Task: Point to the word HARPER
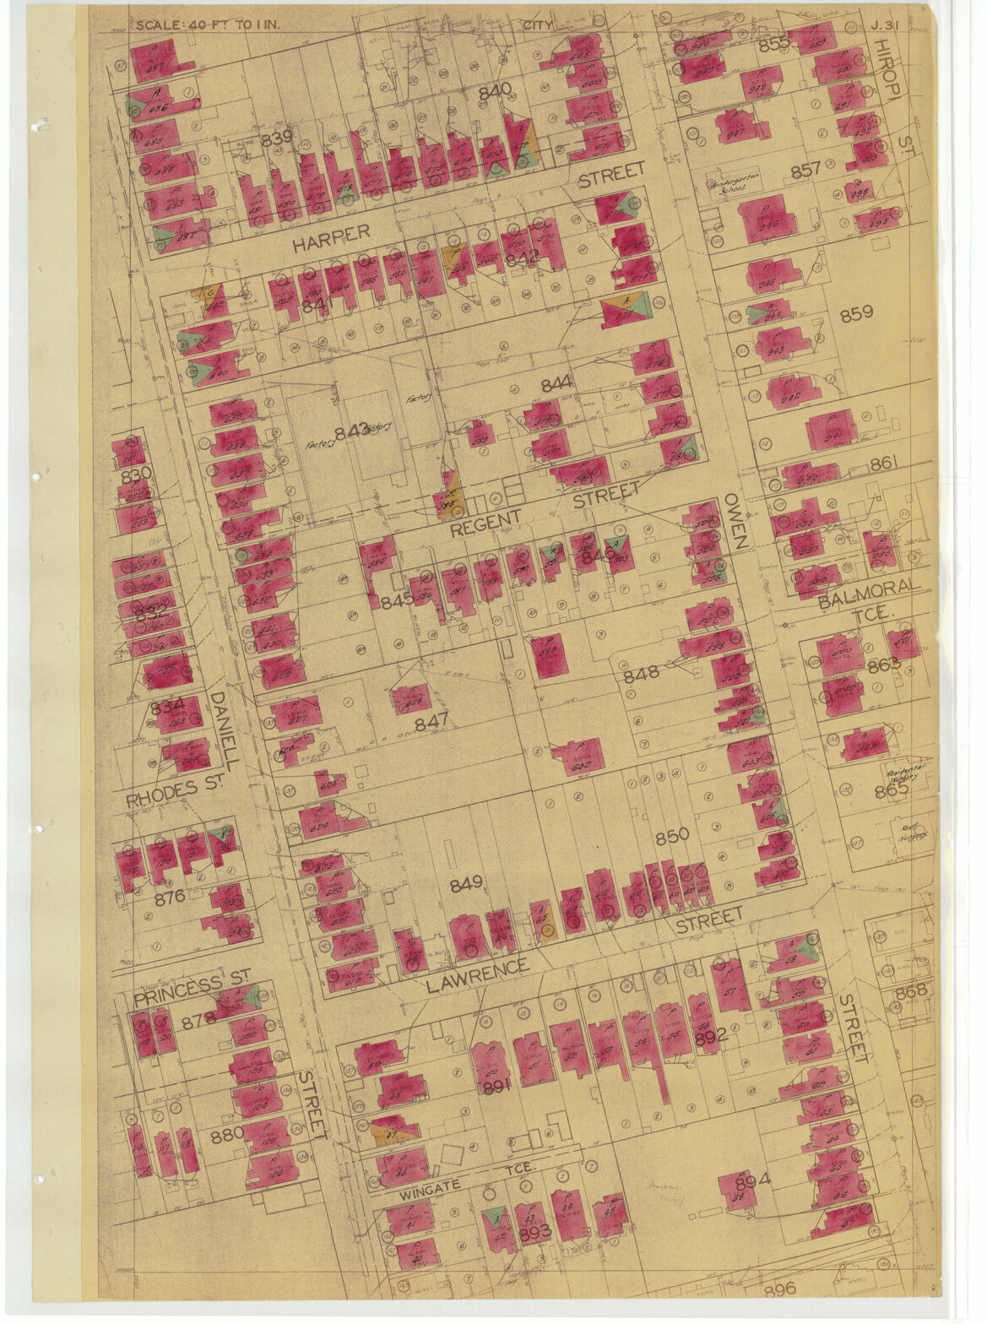pos(331,238)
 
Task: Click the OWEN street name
pos(731,522)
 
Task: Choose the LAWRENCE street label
pos(477,976)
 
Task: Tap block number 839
pos(276,138)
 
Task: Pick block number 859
pos(856,313)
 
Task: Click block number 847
pos(431,723)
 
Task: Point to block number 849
pos(465,883)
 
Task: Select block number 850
pos(672,835)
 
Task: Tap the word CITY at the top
pos(538,24)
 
